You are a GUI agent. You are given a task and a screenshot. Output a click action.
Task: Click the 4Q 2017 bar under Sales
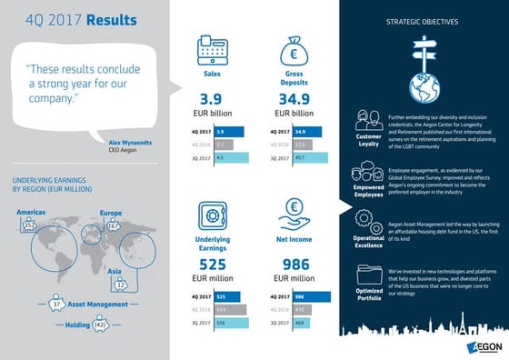point(231,132)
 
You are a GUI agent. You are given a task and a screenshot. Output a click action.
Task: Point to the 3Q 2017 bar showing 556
point(231,322)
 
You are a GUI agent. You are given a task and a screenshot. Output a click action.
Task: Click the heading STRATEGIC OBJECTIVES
point(423,21)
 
